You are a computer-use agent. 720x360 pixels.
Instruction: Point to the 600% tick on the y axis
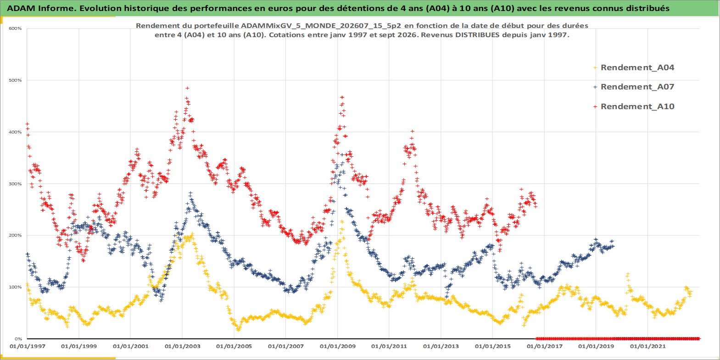pyautogui.click(x=15, y=28)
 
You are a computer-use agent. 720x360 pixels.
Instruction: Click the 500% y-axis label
pyautogui.click(x=15, y=80)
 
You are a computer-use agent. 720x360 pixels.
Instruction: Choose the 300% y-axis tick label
pyautogui.click(x=15, y=184)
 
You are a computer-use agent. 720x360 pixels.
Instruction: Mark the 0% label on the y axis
pyautogui.click(x=18, y=339)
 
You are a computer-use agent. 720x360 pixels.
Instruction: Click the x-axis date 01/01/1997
pyautogui.click(x=28, y=347)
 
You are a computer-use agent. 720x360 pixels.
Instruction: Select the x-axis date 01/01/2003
pyautogui.click(x=182, y=347)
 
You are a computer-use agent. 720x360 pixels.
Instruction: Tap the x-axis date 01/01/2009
pyautogui.click(x=337, y=347)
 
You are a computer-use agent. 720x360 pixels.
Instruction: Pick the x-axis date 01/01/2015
pyautogui.click(x=492, y=347)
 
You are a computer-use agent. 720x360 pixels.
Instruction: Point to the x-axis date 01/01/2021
pyautogui.click(x=647, y=347)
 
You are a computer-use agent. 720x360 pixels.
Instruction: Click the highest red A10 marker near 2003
pyautogui.click(x=187, y=88)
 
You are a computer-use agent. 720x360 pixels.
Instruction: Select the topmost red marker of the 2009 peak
pyautogui.click(x=342, y=97)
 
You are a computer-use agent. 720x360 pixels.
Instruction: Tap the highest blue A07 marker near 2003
pyautogui.click(x=190, y=194)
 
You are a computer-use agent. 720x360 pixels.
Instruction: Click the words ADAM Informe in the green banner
pyautogui.click(x=39, y=8)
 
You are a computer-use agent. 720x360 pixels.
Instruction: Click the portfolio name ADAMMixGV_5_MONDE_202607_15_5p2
pyautogui.click(x=321, y=26)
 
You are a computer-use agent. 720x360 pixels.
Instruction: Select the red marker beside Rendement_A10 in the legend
pyautogui.click(x=595, y=106)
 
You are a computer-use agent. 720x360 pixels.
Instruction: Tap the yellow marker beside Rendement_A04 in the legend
pyautogui.click(x=595, y=68)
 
